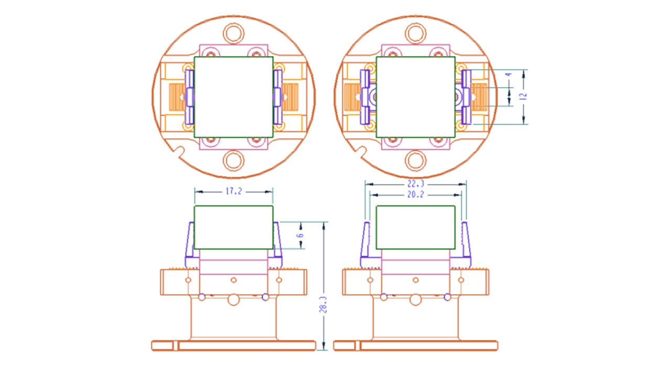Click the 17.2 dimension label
tap(233, 191)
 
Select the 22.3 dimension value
tap(416, 183)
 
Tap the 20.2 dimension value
tap(416, 195)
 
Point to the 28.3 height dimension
tap(323, 305)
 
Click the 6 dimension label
tap(300, 235)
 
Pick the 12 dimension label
tap(524, 96)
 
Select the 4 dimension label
tap(508, 74)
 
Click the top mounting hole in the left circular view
tap(233, 33)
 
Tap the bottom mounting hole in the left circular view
tap(233, 160)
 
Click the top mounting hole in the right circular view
tap(416, 33)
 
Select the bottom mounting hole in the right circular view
tap(416, 160)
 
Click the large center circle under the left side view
tap(233, 299)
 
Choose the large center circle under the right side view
tap(416, 299)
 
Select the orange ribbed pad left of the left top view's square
tap(177, 97)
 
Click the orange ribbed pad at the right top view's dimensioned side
tap(479, 97)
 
